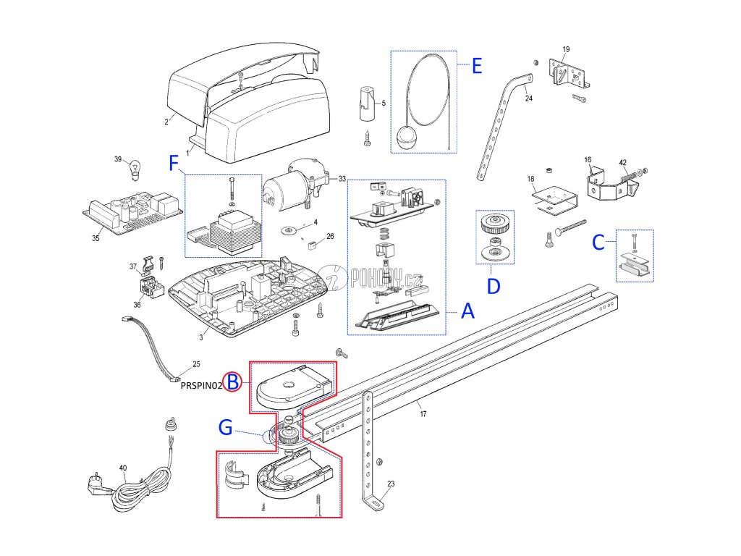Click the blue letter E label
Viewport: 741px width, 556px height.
(476, 66)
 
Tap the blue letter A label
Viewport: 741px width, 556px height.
(468, 312)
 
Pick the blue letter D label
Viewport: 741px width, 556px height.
(493, 287)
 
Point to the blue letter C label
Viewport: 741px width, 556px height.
(598, 243)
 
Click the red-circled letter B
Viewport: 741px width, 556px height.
(232, 381)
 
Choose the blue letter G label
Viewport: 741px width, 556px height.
(226, 429)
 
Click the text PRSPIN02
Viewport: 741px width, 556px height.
(201, 386)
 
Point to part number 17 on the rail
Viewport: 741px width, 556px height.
(423, 414)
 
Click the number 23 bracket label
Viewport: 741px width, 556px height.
(391, 484)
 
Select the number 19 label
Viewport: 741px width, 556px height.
(566, 49)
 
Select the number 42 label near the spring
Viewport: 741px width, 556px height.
(622, 162)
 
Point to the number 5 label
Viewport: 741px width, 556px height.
(383, 104)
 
